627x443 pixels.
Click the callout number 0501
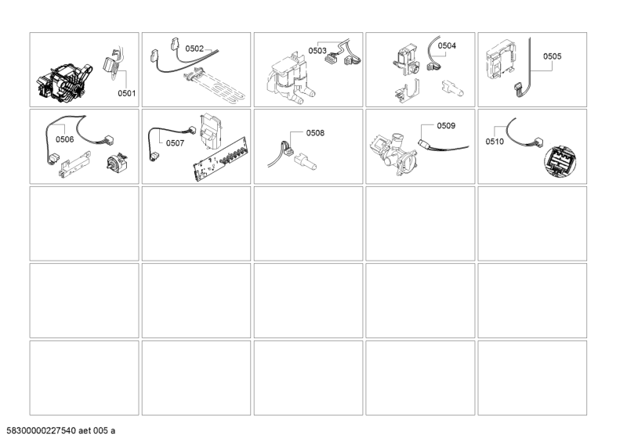[126, 93]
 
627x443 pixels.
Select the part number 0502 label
[194, 49]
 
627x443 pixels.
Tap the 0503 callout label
[317, 51]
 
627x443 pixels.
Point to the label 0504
[447, 45]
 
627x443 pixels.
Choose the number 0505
[552, 56]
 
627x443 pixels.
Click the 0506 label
[65, 139]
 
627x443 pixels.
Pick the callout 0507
[175, 143]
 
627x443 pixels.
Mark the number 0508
[315, 133]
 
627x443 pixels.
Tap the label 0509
[446, 126]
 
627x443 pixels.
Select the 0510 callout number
[495, 142]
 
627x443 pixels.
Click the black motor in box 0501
[64, 84]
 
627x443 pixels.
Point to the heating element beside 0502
[214, 87]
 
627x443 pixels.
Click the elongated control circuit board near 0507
[221, 159]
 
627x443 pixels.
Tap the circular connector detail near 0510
[560, 161]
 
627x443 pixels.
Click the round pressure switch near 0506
[116, 162]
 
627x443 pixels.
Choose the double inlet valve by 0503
[289, 79]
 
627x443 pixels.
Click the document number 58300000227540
[42, 430]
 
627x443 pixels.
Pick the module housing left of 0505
[500, 60]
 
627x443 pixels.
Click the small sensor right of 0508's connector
[306, 162]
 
